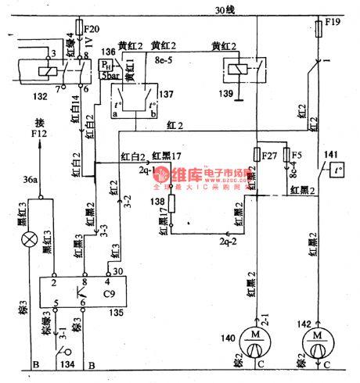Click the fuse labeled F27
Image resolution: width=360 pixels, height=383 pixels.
coord(257,153)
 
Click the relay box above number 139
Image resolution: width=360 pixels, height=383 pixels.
coord(236,70)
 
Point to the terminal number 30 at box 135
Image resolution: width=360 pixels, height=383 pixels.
coord(118,270)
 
